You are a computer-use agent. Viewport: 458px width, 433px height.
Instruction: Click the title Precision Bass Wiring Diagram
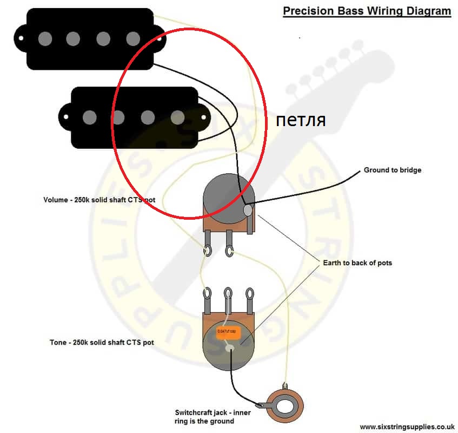point(367,11)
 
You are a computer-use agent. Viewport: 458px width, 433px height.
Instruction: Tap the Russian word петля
point(301,120)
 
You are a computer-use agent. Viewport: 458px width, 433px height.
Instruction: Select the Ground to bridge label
point(392,170)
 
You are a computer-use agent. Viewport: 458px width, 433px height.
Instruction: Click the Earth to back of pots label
point(357,263)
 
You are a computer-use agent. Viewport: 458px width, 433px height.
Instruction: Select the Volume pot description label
point(99,200)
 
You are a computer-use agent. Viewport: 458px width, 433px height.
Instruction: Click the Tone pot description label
point(102,342)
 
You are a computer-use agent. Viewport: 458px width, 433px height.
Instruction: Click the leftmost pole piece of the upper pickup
point(46,38)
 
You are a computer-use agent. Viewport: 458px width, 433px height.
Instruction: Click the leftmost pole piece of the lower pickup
point(90,116)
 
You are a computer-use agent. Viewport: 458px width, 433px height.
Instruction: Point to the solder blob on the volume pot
point(248,209)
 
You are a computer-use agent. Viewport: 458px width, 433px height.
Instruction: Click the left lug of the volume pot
point(208,251)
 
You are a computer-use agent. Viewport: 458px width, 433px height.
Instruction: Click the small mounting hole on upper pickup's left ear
point(20,38)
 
